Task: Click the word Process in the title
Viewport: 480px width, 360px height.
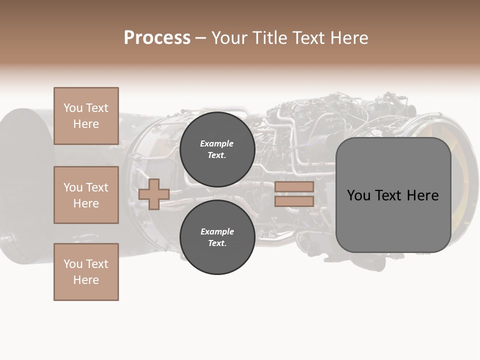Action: pos(157,38)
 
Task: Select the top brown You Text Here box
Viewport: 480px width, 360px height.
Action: pos(86,116)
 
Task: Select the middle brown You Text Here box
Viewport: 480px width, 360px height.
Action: pos(86,195)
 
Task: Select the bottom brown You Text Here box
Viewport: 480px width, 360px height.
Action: pos(86,272)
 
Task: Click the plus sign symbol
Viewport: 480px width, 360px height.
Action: pos(153,194)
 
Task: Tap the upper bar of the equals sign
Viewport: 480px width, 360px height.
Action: pos(294,187)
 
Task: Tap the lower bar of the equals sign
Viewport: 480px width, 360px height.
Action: pos(294,201)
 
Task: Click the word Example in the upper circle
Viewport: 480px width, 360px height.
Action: pos(217,144)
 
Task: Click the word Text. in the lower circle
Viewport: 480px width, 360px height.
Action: pos(217,243)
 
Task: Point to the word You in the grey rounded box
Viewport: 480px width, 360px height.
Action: pos(358,195)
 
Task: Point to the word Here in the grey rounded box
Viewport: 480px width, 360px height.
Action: pos(422,195)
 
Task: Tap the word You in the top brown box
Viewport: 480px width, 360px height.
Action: pos(73,108)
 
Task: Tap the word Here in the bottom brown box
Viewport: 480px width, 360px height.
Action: pos(86,280)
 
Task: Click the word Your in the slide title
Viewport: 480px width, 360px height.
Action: pos(230,38)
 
